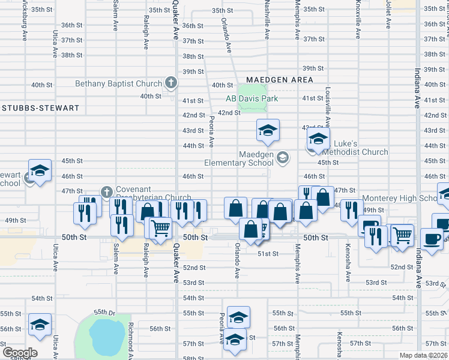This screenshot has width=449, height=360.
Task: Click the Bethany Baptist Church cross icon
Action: click(170, 83)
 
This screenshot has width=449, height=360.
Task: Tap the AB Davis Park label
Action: click(252, 98)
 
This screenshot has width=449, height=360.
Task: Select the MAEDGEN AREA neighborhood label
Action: click(279, 80)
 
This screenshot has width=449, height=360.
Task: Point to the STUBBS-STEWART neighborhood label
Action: click(41, 108)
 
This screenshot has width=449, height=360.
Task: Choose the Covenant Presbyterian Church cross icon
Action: click(107, 192)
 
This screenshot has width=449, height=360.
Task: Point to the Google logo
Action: click(19, 352)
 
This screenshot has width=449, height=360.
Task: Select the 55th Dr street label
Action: click(103, 313)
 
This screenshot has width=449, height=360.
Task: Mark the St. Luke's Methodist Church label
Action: click(353, 148)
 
